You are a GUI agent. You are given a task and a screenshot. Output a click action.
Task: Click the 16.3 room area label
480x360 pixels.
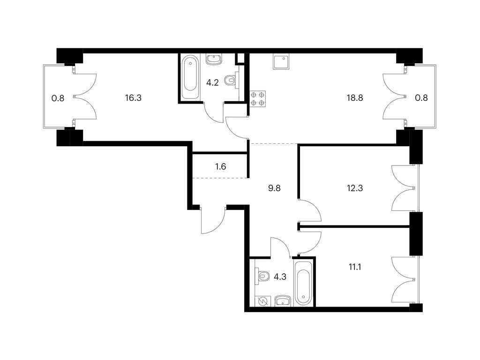133,98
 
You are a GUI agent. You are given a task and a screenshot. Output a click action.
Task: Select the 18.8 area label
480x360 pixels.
355,98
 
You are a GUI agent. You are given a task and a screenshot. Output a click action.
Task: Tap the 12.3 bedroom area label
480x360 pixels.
355,188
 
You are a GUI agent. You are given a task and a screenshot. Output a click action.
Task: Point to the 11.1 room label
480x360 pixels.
355,267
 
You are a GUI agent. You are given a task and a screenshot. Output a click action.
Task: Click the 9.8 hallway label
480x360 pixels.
274,188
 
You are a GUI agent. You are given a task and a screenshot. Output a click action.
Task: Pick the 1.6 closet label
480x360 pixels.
220,166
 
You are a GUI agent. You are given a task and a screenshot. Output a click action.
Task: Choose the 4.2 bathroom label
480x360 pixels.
212,82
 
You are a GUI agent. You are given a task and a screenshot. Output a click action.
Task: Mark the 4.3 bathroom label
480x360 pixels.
280,277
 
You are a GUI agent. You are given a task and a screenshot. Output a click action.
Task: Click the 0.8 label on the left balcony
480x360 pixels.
58,98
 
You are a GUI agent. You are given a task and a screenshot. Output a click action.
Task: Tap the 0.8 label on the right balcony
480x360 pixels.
421,98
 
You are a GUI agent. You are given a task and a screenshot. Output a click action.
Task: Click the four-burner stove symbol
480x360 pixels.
258,99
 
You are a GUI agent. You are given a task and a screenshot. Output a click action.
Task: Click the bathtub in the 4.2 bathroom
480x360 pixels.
190,77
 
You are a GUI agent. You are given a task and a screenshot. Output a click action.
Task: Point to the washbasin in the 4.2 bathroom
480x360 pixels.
213,60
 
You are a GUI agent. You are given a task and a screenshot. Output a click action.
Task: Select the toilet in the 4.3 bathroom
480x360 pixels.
261,276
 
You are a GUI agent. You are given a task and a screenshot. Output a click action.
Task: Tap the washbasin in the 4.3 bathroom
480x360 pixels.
283,301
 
